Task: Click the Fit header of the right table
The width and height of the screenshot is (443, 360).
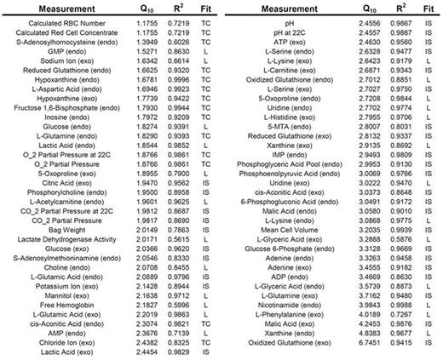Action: [428, 9]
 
